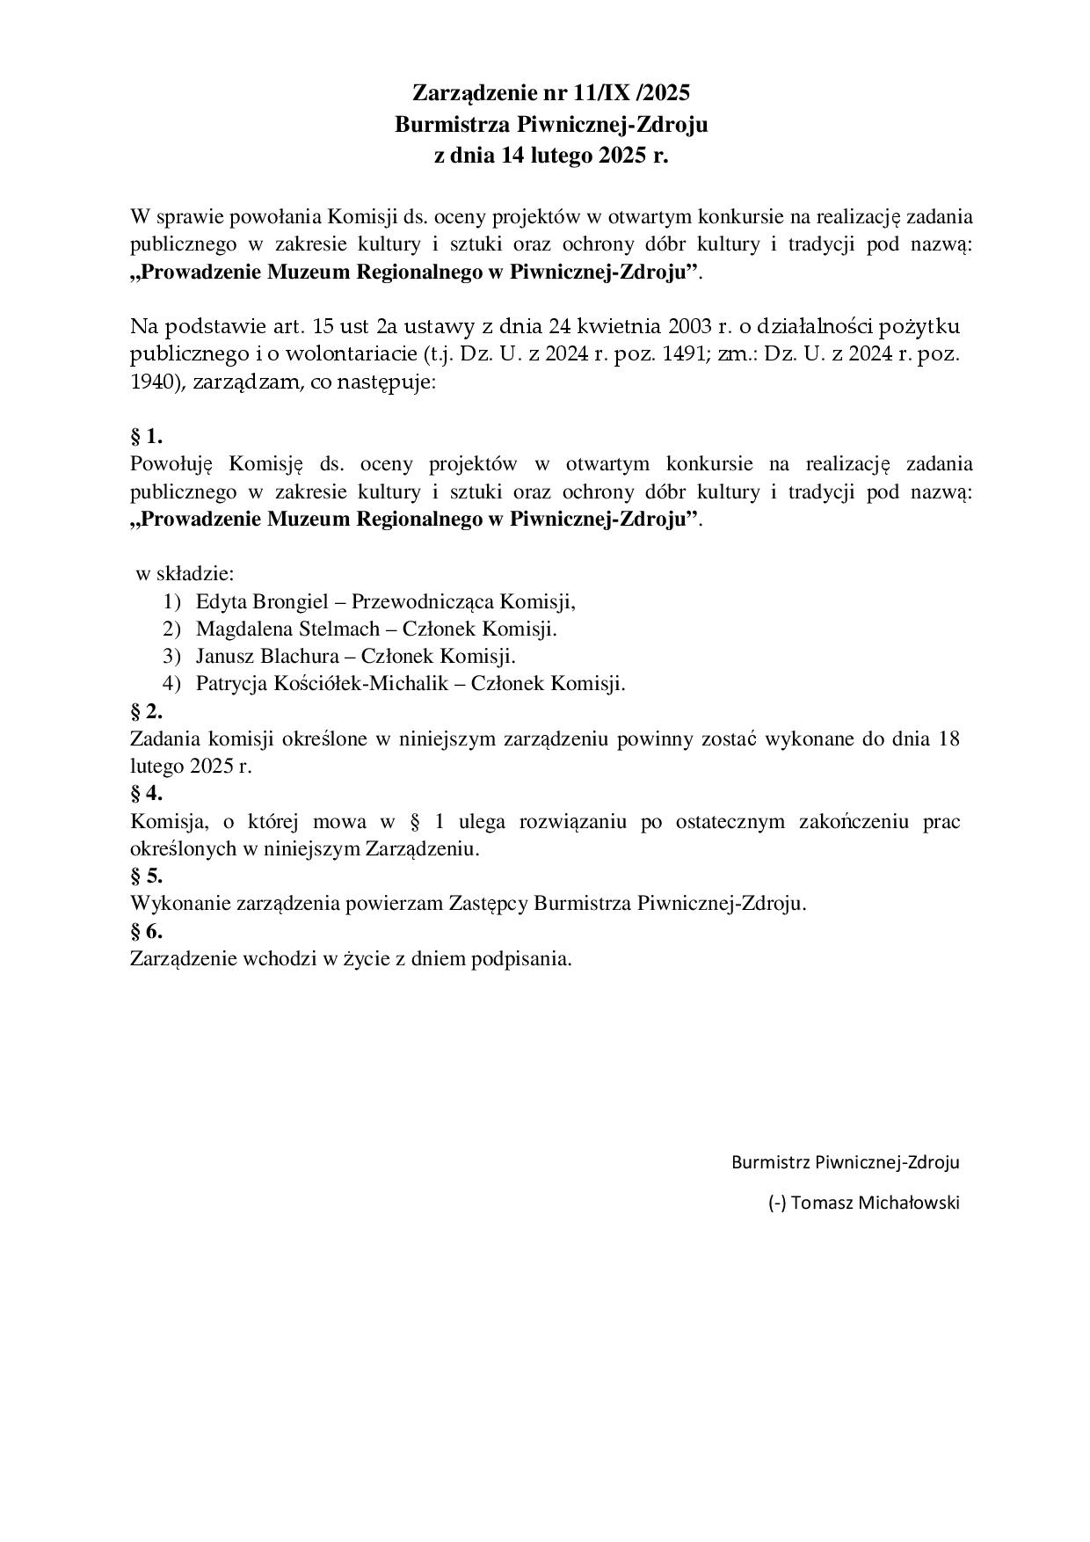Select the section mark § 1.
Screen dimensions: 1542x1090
point(146,436)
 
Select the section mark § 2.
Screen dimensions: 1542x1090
point(146,710)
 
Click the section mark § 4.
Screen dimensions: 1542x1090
point(146,793)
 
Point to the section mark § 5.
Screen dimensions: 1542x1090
point(146,876)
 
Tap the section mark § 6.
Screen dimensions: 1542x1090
point(146,930)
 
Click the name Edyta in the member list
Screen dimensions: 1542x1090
point(222,602)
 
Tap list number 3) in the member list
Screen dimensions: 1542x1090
point(171,656)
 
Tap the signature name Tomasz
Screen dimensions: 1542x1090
point(823,1203)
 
